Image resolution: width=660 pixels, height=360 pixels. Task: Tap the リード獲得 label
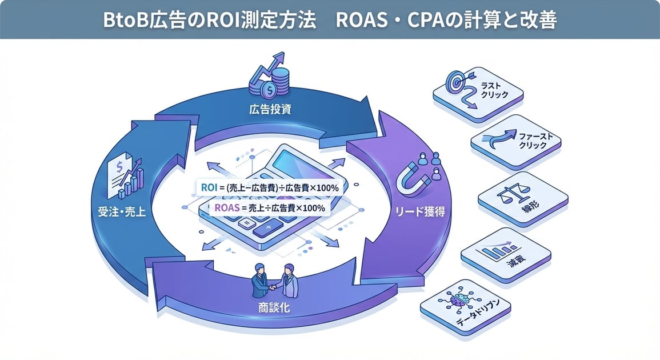pyautogui.click(x=420, y=212)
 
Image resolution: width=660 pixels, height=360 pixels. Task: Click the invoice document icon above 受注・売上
pyautogui.click(x=122, y=174)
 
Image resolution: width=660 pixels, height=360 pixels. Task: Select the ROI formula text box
pyautogui.click(x=269, y=188)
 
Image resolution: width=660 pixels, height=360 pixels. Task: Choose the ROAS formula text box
pyautogui.click(x=269, y=208)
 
